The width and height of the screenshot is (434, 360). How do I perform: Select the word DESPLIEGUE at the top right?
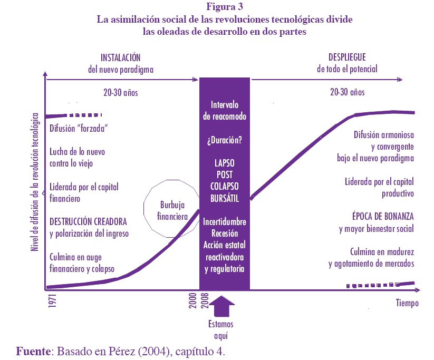click(346, 57)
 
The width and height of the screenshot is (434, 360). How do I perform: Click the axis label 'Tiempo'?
click(407, 303)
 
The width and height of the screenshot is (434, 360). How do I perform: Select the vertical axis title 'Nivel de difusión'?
click(35, 182)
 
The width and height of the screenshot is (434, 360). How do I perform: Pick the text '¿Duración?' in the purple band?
click(224, 141)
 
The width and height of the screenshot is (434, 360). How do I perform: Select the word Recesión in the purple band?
click(224, 233)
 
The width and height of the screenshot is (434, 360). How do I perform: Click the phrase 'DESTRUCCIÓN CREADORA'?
click(88, 221)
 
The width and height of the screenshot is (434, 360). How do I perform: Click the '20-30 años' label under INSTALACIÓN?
click(121, 92)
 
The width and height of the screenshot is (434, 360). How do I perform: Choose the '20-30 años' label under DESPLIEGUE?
click(347, 92)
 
